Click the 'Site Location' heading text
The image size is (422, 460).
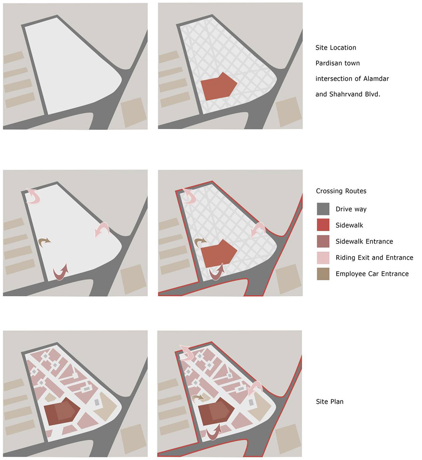[336, 48]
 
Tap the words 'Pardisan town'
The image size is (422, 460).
[338, 63]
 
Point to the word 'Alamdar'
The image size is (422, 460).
[376, 78]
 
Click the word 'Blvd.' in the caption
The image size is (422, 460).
[373, 94]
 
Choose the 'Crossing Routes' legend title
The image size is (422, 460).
[341, 191]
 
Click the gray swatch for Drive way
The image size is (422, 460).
[323, 209]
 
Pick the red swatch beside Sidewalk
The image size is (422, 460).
[323, 225]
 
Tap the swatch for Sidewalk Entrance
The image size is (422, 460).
[323, 241]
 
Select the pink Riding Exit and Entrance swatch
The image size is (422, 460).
[323, 257]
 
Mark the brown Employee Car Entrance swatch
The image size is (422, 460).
[323, 274]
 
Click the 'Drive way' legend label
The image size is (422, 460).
[351, 209]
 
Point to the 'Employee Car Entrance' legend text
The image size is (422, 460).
[372, 274]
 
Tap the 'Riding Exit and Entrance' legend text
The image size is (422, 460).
[374, 257]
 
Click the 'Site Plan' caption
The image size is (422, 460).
[330, 402]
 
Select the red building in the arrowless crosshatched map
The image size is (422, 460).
[219, 87]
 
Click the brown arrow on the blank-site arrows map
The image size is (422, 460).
[44, 242]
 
